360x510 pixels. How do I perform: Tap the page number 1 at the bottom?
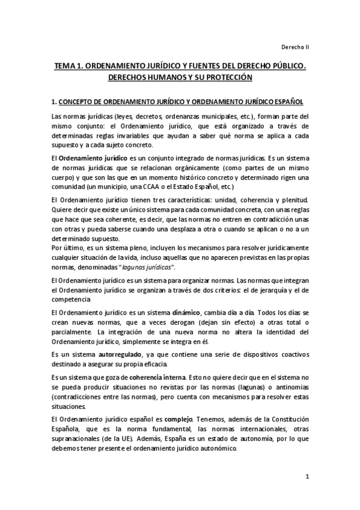click(x=307, y=478)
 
